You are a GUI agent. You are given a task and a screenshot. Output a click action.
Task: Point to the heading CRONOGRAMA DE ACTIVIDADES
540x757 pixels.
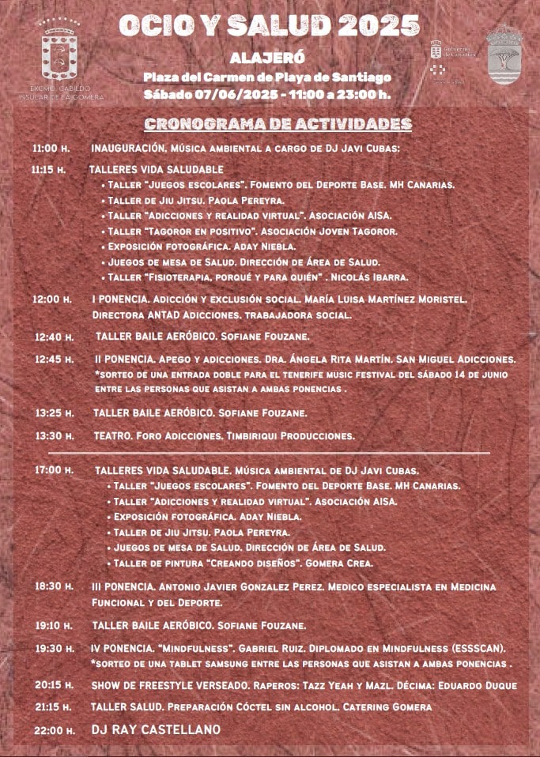point(278,124)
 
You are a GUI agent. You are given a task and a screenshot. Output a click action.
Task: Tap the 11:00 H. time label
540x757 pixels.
point(51,149)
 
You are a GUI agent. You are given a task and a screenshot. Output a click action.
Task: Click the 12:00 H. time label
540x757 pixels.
point(51,300)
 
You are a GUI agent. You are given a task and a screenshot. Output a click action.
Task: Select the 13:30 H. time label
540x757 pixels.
point(54,436)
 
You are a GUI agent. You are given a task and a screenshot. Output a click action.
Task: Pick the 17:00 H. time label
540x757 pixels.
point(53,470)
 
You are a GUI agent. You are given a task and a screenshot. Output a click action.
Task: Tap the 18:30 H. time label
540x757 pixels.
point(54,587)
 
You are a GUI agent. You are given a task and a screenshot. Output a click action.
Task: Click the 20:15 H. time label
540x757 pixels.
point(54,685)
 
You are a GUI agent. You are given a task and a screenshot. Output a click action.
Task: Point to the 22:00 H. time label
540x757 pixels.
point(54,731)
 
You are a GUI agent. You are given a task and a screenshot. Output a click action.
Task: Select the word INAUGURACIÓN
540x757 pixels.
point(127,149)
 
